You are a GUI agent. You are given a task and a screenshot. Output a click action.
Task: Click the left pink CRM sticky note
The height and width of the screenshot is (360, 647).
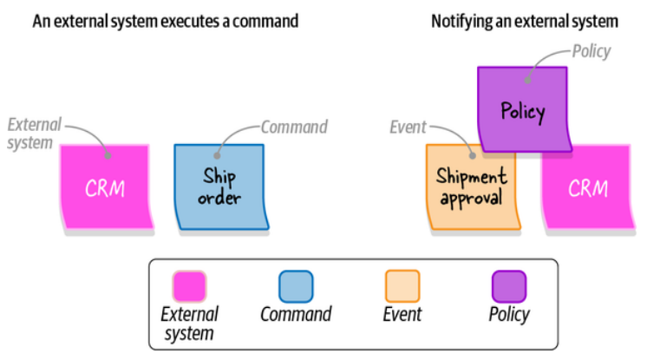pos(105,187)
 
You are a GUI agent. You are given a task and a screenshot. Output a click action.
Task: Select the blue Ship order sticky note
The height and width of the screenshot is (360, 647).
pos(219,187)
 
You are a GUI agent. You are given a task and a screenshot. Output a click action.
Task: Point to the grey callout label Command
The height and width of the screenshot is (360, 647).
pos(294,128)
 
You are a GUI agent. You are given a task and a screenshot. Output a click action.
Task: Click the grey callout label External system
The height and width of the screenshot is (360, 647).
pos(30,132)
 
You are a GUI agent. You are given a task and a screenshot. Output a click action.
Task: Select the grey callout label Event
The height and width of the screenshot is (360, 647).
pos(408,128)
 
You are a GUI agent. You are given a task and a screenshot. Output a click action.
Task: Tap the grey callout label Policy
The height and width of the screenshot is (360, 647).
pos(591,51)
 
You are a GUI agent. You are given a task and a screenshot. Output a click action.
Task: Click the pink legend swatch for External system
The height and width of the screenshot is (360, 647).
pos(189,286)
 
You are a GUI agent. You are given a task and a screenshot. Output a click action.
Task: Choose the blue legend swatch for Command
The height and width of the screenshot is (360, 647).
pos(296,286)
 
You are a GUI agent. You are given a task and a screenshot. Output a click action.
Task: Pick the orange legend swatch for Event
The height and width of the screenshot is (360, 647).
pos(402,286)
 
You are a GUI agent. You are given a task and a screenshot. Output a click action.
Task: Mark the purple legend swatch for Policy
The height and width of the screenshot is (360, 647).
pos(508,286)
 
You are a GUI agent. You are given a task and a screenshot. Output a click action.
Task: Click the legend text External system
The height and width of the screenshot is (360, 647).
pos(189,322)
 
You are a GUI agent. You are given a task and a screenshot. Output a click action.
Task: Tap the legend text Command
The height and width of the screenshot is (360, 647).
pos(296,313)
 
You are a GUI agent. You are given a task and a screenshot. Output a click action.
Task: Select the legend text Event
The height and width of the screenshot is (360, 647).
pos(402,313)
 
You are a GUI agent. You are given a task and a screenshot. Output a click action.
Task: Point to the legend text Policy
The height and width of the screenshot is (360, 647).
pos(508,313)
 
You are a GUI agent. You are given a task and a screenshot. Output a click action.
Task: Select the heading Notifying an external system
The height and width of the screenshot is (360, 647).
pos(524,20)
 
